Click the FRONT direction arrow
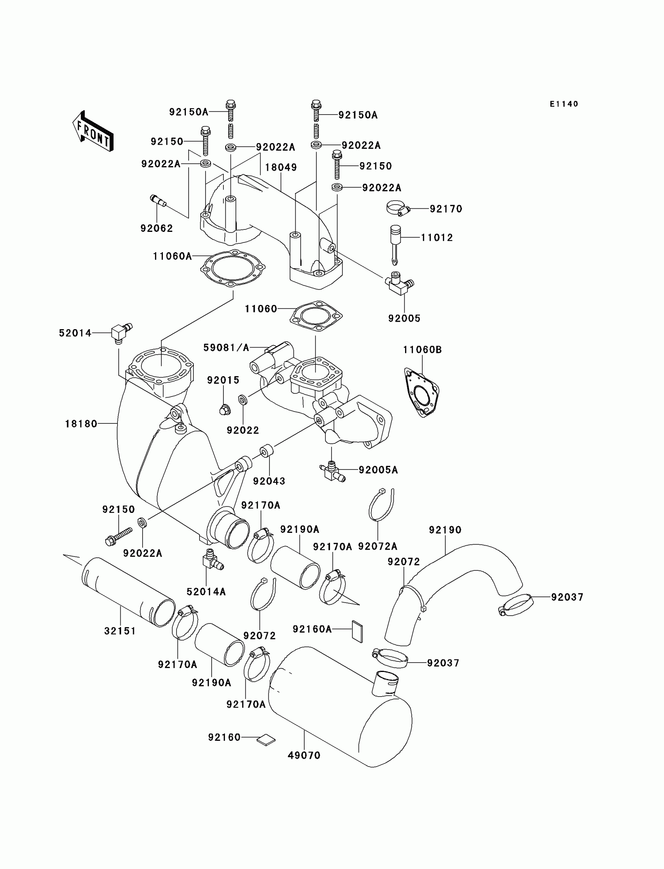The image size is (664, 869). (93, 131)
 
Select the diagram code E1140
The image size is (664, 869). (564, 104)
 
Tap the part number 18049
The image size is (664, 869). (280, 167)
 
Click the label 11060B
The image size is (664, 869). (422, 349)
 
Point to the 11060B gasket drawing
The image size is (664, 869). (422, 393)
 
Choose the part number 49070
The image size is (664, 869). (303, 755)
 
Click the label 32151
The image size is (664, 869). (120, 631)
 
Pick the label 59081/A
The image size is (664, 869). (226, 348)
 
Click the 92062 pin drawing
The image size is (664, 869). (159, 200)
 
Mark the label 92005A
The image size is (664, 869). (378, 470)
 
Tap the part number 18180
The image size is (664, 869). (81, 424)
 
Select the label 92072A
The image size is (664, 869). (377, 546)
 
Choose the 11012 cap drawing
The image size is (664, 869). (395, 241)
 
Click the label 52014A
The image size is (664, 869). (206, 592)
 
